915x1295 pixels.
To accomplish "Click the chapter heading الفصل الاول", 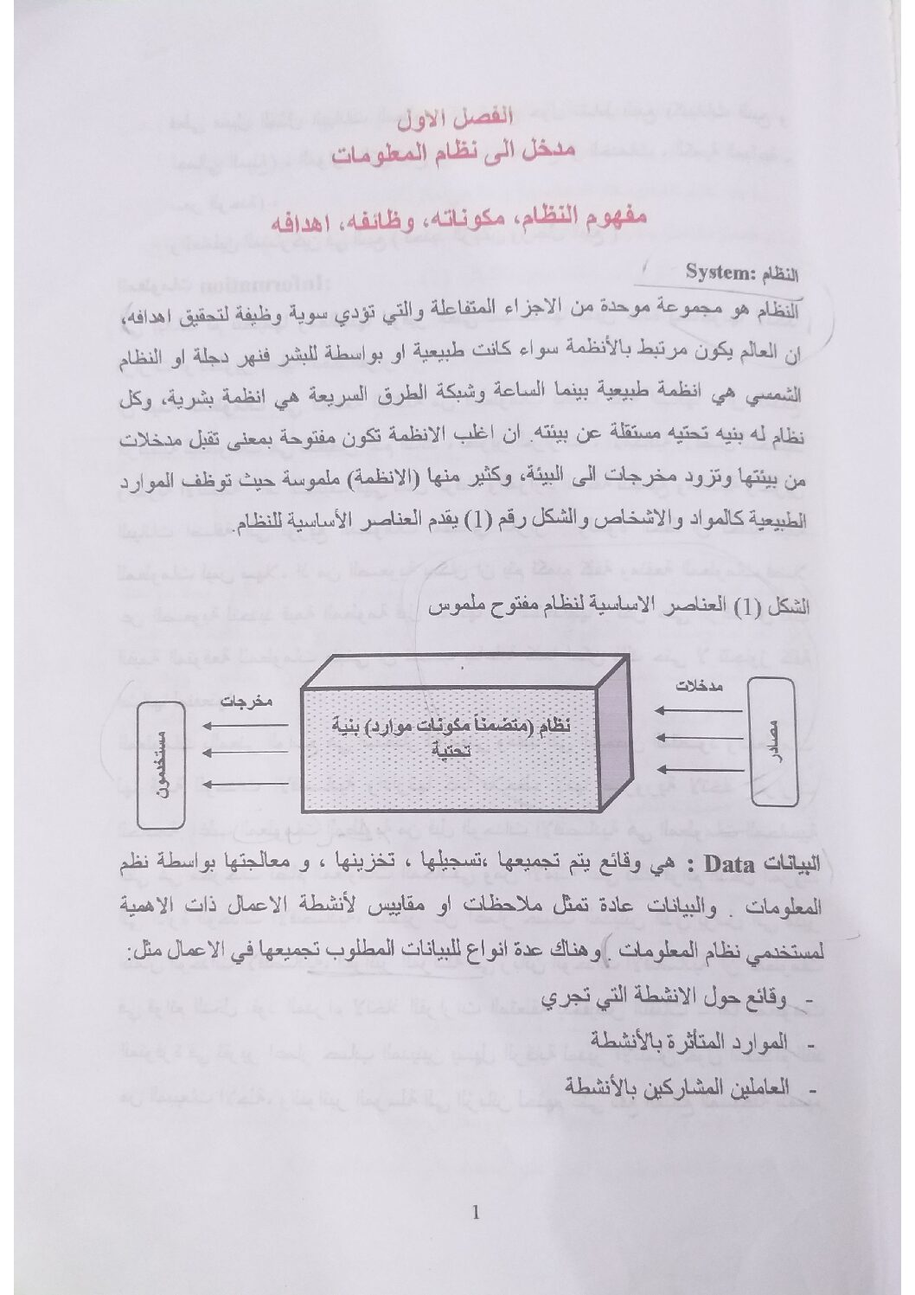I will point(457,116).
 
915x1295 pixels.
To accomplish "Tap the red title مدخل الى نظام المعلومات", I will point(457,154).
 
